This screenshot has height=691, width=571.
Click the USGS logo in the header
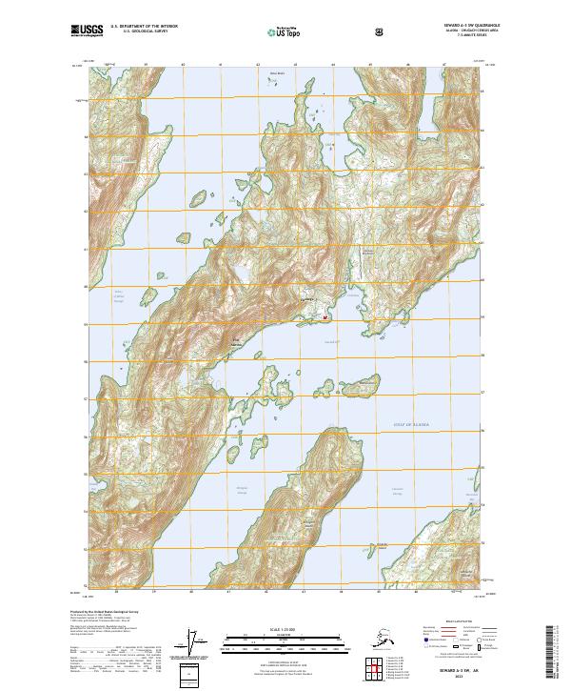tap(87, 30)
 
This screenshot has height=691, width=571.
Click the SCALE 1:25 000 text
tap(285, 627)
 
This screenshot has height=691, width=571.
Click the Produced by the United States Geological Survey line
tap(105, 611)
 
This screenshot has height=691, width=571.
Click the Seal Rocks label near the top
tap(277, 71)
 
